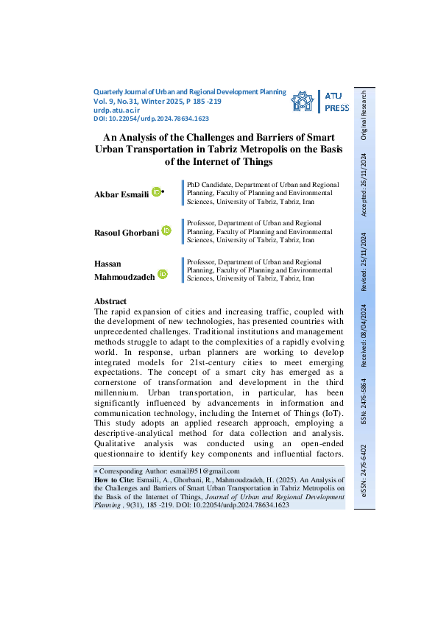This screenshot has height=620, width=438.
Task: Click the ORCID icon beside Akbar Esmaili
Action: pyautogui.click(x=155, y=192)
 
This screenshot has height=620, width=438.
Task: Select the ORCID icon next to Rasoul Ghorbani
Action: pyautogui.click(x=166, y=231)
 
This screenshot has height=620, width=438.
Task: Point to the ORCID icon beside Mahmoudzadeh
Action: pyautogui.click(x=162, y=274)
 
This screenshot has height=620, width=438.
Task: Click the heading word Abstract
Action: pyautogui.click(x=110, y=301)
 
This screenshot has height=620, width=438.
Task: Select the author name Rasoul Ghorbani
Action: pyautogui.click(x=127, y=232)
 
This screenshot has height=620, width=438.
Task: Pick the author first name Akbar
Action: pyautogui.click(x=107, y=193)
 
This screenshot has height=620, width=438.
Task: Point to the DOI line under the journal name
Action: pyautogui.click(x=152, y=118)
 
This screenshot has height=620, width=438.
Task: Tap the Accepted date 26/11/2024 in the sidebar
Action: pyautogui.click(x=364, y=185)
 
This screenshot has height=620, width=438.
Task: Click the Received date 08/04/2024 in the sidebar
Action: pyautogui.click(x=364, y=331)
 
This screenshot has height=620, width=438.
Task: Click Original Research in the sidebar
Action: pyautogui.click(x=364, y=116)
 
